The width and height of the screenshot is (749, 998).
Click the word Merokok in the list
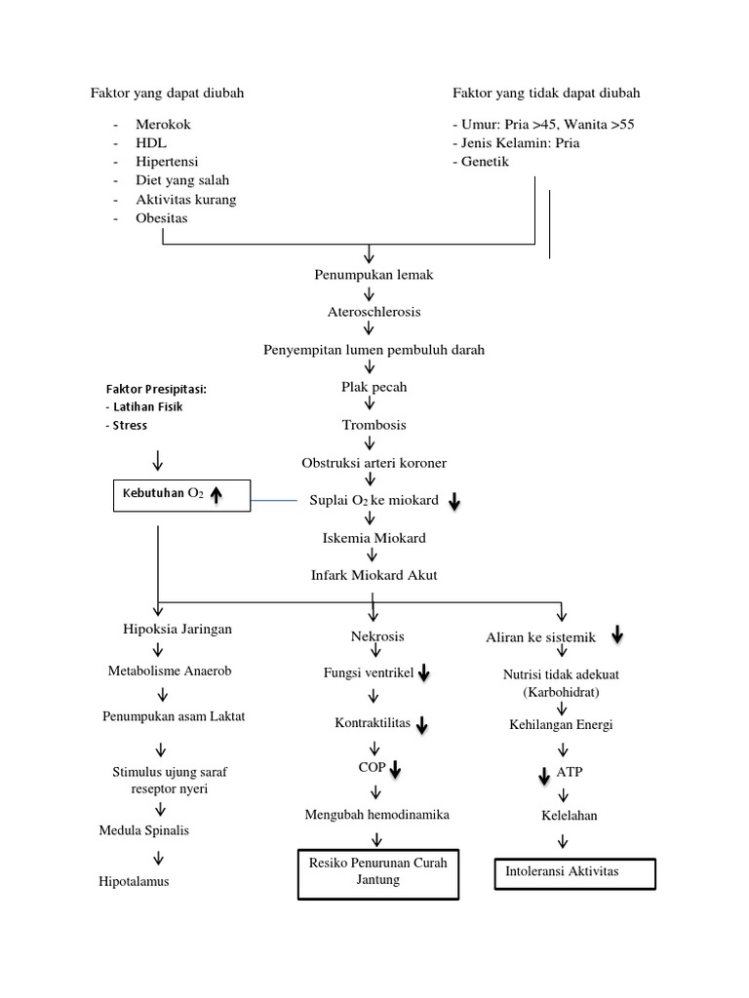[163, 126]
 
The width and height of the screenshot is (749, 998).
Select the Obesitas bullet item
[162, 218]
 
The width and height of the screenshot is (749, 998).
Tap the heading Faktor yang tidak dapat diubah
[546, 93]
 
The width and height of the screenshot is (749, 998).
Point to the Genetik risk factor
[484, 162]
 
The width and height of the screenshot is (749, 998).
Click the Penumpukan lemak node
[374, 275]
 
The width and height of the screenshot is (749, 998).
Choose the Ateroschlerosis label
[374, 312]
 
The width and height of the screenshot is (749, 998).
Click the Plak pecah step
[374, 387]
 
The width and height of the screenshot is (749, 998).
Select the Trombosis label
[374, 425]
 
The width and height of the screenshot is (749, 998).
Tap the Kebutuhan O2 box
[181, 496]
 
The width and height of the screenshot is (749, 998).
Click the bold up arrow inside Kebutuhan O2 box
[217, 496]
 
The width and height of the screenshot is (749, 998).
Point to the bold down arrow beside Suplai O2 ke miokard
[454, 501]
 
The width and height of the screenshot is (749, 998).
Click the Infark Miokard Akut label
[374, 575]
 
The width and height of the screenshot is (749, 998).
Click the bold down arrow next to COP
[396, 770]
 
